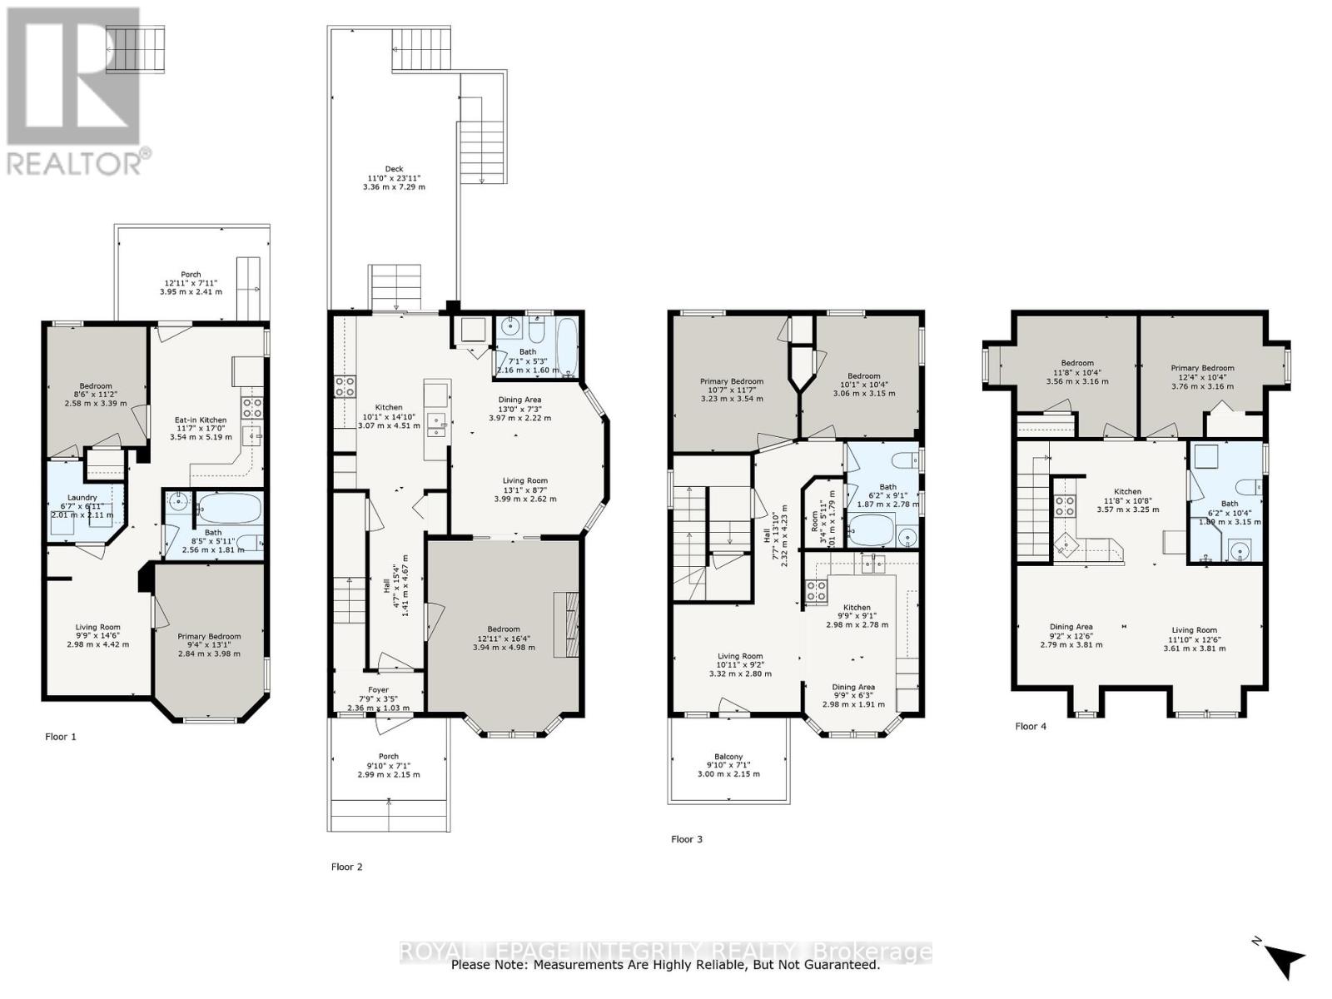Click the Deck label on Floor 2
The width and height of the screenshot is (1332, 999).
394,169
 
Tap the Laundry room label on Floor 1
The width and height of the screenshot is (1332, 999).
82,497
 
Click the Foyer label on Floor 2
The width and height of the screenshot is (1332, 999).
378,689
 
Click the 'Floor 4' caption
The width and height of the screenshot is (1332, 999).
1031,726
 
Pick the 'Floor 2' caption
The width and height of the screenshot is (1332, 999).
346,867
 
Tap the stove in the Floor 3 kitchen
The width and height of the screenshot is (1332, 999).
816,591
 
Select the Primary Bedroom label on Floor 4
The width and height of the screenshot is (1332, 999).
1202,368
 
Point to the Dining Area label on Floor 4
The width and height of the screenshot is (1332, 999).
1071,627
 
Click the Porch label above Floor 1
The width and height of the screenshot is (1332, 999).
191,274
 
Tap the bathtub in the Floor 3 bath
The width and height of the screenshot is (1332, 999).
870,529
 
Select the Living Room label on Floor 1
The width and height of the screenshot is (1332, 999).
97,627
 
